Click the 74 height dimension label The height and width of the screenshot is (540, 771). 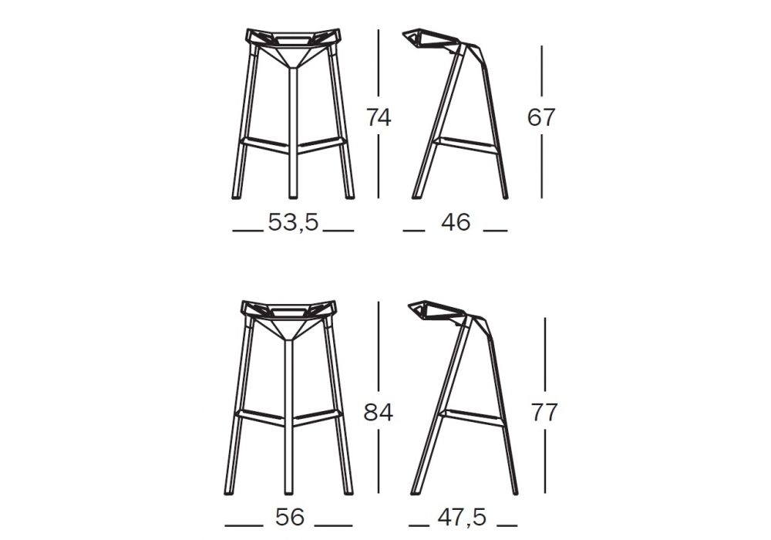(x=379, y=118)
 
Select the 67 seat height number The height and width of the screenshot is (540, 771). (x=541, y=117)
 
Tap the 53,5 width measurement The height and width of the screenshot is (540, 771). (x=294, y=223)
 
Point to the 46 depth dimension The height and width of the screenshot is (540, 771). (x=456, y=223)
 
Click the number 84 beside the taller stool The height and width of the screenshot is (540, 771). (x=378, y=413)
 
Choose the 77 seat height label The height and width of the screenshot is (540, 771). (x=544, y=413)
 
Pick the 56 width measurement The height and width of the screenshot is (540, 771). (x=290, y=518)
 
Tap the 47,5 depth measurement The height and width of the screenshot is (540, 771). (x=462, y=518)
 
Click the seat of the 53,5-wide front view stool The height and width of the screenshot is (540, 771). (x=294, y=39)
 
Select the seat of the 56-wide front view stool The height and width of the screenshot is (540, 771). (x=288, y=312)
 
